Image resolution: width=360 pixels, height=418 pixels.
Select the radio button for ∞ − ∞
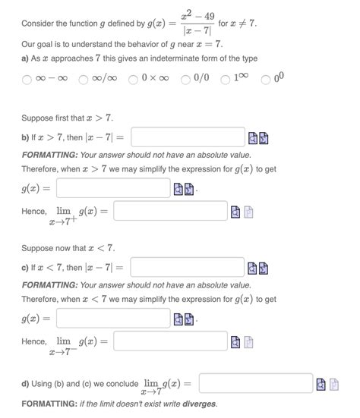pos(27,79)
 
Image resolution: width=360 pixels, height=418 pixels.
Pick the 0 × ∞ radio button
pos(133,79)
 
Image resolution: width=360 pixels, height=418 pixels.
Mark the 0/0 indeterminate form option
pos(186,79)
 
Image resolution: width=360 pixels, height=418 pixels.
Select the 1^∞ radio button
pos(226,79)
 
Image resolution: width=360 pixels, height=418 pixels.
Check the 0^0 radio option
pos(265,79)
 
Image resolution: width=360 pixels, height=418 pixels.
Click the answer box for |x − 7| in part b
pos(188,137)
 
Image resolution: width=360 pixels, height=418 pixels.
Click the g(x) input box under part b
pos(113,187)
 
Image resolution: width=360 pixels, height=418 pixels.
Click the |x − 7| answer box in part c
pos(188,268)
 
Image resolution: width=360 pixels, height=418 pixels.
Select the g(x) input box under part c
pos(113,318)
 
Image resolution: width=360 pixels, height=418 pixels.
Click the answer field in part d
pos(256,382)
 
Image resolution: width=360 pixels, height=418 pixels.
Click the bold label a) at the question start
pos(26,58)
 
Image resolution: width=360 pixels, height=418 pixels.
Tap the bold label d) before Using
pos(26,383)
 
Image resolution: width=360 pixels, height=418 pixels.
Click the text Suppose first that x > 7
pos(68,118)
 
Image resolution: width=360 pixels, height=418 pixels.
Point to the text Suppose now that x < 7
pos(68,248)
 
